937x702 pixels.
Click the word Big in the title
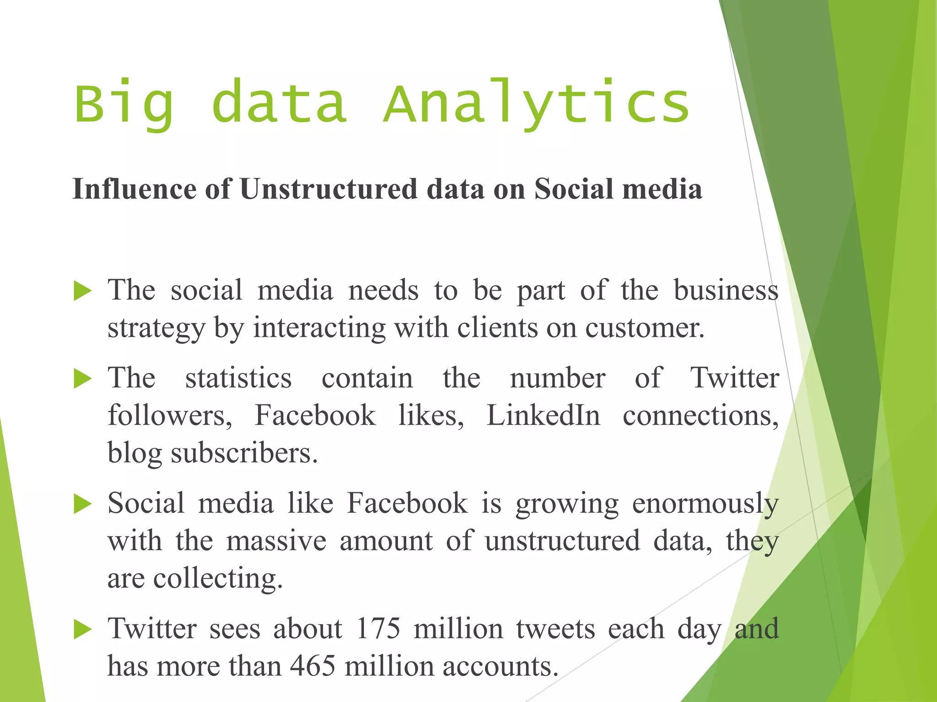pos(124,104)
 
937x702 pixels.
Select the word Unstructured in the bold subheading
pos(328,189)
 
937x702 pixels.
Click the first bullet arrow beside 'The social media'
pos(82,291)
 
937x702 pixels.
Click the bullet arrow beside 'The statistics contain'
pos(82,379)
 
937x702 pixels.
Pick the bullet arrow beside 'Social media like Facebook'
pos(82,504)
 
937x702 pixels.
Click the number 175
pos(378,628)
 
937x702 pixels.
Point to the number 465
pos(313,666)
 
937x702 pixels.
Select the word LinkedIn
pos(543,415)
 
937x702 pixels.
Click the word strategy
pos(156,329)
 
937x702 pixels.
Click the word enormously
pos(705,504)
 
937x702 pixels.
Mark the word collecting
pos(218,579)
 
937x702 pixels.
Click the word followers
pos(170,415)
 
